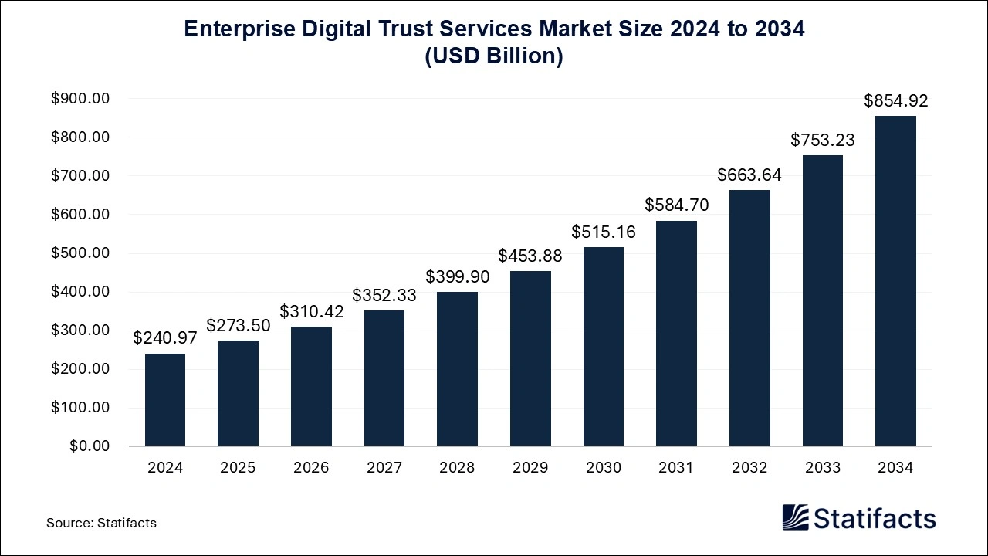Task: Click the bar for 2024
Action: pos(165,399)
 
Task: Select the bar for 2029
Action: pos(530,358)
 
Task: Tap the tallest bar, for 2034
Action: pos(895,281)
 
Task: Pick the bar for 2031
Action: pos(676,333)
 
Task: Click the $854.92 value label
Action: pos(895,100)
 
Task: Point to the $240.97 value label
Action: pos(165,337)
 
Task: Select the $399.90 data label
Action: pos(457,276)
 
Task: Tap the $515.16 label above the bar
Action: pos(604,232)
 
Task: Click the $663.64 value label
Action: pos(749,175)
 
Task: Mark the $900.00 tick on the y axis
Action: pos(81,99)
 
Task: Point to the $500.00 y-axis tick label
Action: pos(81,253)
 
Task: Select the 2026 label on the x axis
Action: pos(311,468)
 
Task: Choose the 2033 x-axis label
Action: pos(823,468)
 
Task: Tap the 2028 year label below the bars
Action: pos(457,468)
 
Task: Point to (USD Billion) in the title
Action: pos(494,57)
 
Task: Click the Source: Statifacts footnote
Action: pos(101,523)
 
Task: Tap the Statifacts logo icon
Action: pos(795,517)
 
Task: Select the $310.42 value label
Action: pos(311,311)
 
